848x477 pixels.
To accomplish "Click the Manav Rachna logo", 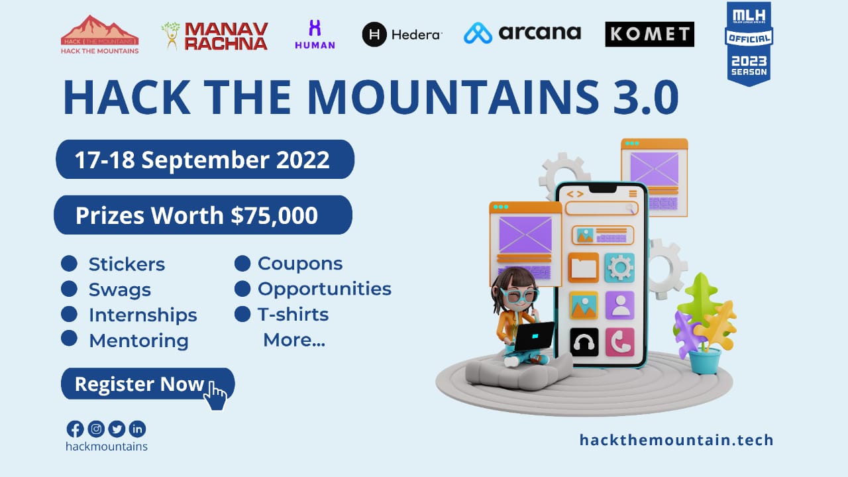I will pyautogui.click(x=215, y=36).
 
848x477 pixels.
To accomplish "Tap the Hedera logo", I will pyautogui.click(x=401, y=34).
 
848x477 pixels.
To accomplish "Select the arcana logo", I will pyautogui.click(x=522, y=32).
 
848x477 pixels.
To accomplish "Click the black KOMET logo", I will pyautogui.click(x=649, y=34).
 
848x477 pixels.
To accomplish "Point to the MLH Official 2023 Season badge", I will pyautogui.click(x=749, y=43).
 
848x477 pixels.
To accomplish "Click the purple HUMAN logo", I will pyautogui.click(x=315, y=34).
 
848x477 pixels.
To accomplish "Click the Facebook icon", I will pyautogui.click(x=76, y=429).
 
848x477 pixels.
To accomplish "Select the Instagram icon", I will pyautogui.click(x=96, y=429).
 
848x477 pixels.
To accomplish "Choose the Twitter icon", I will pyautogui.click(x=117, y=429).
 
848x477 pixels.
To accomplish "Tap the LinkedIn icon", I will pyautogui.click(x=137, y=429).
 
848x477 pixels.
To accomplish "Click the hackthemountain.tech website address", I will pyautogui.click(x=676, y=440).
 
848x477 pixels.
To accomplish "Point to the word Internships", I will pyautogui.click(x=142, y=315).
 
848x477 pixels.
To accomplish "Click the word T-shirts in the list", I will pyautogui.click(x=293, y=314).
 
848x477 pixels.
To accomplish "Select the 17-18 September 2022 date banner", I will pyautogui.click(x=204, y=160).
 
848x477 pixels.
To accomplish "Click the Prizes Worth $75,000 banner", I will pyautogui.click(x=202, y=215).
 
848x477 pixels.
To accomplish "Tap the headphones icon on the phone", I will pyautogui.click(x=584, y=342).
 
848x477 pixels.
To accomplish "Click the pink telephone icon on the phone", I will pyautogui.click(x=619, y=342).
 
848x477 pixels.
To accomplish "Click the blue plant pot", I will pyautogui.click(x=704, y=360).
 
